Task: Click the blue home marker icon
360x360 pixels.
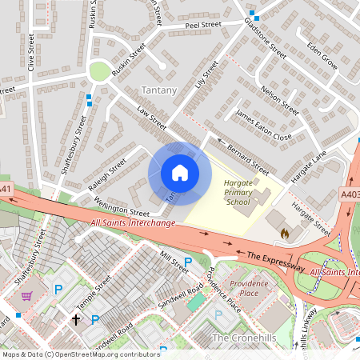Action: click(179, 173)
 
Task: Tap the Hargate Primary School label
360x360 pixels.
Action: click(238, 193)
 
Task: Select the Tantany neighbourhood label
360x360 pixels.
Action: click(158, 90)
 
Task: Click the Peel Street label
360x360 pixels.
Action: click(202, 26)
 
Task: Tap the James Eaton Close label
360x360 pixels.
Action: click(263, 126)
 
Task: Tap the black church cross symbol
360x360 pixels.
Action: click(77, 320)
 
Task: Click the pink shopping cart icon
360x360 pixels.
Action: click(27, 295)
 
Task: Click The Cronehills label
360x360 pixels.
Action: click(244, 338)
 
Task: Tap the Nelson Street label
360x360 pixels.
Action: click(279, 101)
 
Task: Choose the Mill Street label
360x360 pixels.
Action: click(173, 261)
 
